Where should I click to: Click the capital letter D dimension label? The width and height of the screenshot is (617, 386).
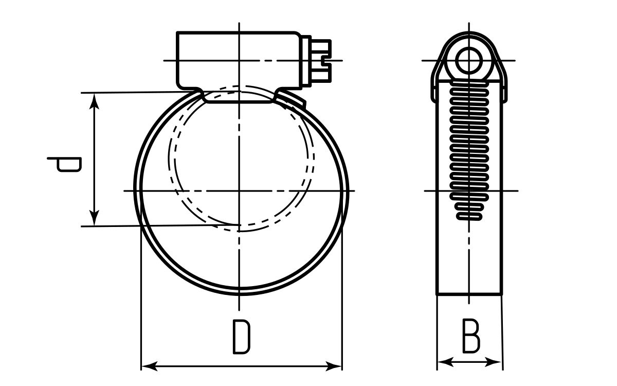point(241,337)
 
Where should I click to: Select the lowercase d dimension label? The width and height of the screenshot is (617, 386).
point(64,165)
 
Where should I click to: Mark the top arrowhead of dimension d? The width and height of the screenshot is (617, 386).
point(94,99)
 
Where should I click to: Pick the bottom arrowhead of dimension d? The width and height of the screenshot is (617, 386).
point(94,219)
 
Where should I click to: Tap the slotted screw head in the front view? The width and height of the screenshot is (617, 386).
point(321,61)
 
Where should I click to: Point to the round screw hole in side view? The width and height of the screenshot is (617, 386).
point(468,60)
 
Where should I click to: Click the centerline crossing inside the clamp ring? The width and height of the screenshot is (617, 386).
point(240,191)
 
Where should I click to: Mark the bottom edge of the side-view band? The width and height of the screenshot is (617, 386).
point(468,294)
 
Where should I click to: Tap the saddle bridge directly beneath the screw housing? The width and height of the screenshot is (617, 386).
point(239,98)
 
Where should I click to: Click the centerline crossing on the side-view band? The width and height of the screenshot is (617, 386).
point(469,191)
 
